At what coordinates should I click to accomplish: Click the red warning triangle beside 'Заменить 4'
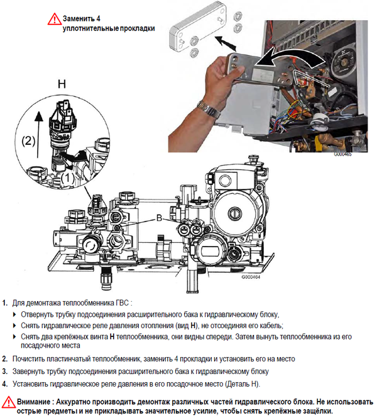pyautogui.click(x=55, y=19)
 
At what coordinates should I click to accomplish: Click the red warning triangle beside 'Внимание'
pyautogui.click(x=9, y=402)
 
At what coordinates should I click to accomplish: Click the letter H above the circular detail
pyautogui.click(x=62, y=84)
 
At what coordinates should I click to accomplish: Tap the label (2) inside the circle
pyautogui.click(x=28, y=141)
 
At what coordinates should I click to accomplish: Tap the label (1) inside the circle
pyautogui.click(x=67, y=178)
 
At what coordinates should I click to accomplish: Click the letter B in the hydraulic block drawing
pyautogui.click(x=159, y=218)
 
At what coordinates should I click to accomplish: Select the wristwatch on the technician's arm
pyautogui.click(x=209, y=109)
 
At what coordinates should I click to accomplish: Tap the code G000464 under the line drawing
pyautogui.click(x=251, y=277)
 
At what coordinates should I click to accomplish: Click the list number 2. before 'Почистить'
pyautogui.click(x=5, y=360)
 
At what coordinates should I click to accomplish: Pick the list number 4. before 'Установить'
pyautogui.click(x=5, y=384)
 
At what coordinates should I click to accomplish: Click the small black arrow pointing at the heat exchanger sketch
pyautogui.click(x=226, y=43)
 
